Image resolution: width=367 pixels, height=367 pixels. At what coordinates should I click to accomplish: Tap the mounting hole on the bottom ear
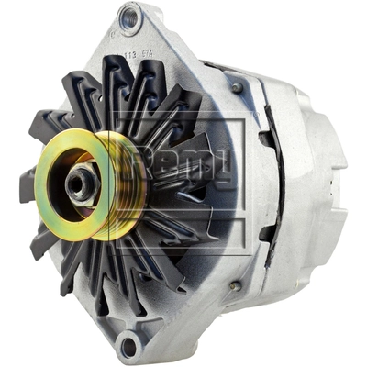[128, 346]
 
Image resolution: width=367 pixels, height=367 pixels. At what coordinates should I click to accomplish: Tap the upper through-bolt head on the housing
[237, 87]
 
